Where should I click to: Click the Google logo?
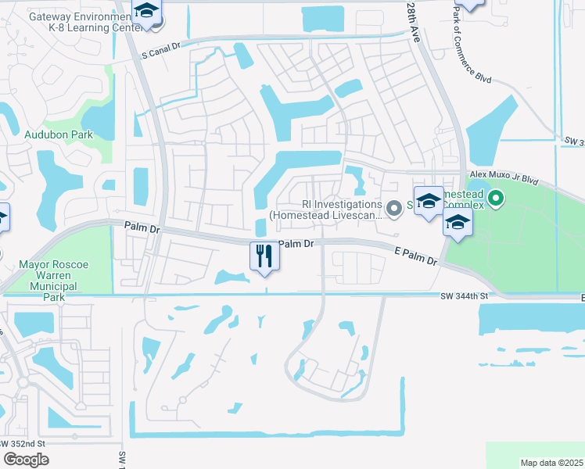[x=26, y=459]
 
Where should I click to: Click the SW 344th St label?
[x=464, y=296]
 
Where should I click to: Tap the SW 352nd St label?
[x=23, y=443]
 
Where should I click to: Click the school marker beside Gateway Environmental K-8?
[x=145, y=13]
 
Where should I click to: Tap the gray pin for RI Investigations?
[x=394, y=207]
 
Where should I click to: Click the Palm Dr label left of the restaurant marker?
[x=142, y=227]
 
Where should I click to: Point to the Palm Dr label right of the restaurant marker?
[x=296, y=244]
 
